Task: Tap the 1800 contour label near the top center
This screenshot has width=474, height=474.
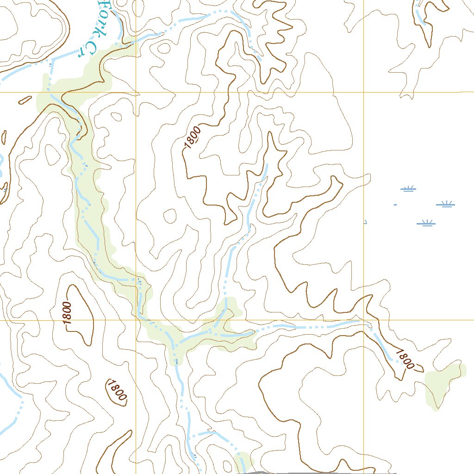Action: coord(193,137)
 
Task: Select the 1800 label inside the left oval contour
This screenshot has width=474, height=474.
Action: coord(67,313)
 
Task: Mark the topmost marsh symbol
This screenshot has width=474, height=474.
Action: coord(408,188)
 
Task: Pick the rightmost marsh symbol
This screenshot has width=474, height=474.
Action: coord(446,203)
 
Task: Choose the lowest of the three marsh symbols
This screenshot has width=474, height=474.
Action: coord(426,223)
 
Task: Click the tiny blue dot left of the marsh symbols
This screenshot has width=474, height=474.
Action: coord(395,204)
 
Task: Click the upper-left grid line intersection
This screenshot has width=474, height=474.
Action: coord(136,92)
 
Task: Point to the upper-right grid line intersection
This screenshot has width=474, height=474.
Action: coord(363,92)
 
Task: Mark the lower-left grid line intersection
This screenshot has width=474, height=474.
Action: coord(136,320)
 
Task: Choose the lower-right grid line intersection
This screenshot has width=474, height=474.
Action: coord(363,320)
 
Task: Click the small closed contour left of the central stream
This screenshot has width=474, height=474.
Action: coord(170,215)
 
